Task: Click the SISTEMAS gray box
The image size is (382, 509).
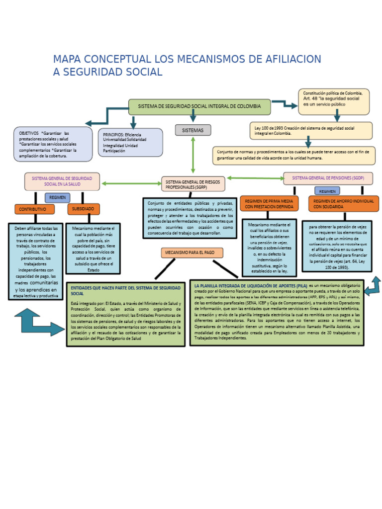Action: coord(193,130)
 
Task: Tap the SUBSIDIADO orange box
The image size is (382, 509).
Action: coord(84,209)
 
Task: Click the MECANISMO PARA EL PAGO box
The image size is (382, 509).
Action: coord(192,253)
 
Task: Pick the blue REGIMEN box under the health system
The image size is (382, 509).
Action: coord(57,197)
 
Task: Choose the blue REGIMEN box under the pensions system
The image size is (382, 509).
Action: coord(327,191)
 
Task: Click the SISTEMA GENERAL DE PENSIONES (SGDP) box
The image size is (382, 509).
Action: coord(328,178)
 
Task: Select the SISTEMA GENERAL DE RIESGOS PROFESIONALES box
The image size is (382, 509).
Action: coord(193,184)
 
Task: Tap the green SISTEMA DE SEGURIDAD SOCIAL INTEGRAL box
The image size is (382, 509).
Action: coord(199,106)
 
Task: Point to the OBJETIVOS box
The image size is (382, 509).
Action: coord(53,144)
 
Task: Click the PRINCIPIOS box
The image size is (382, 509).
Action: coord(130,142)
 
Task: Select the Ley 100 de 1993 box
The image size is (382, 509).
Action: coord(311,131)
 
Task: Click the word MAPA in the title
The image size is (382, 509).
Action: coord(69,60)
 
